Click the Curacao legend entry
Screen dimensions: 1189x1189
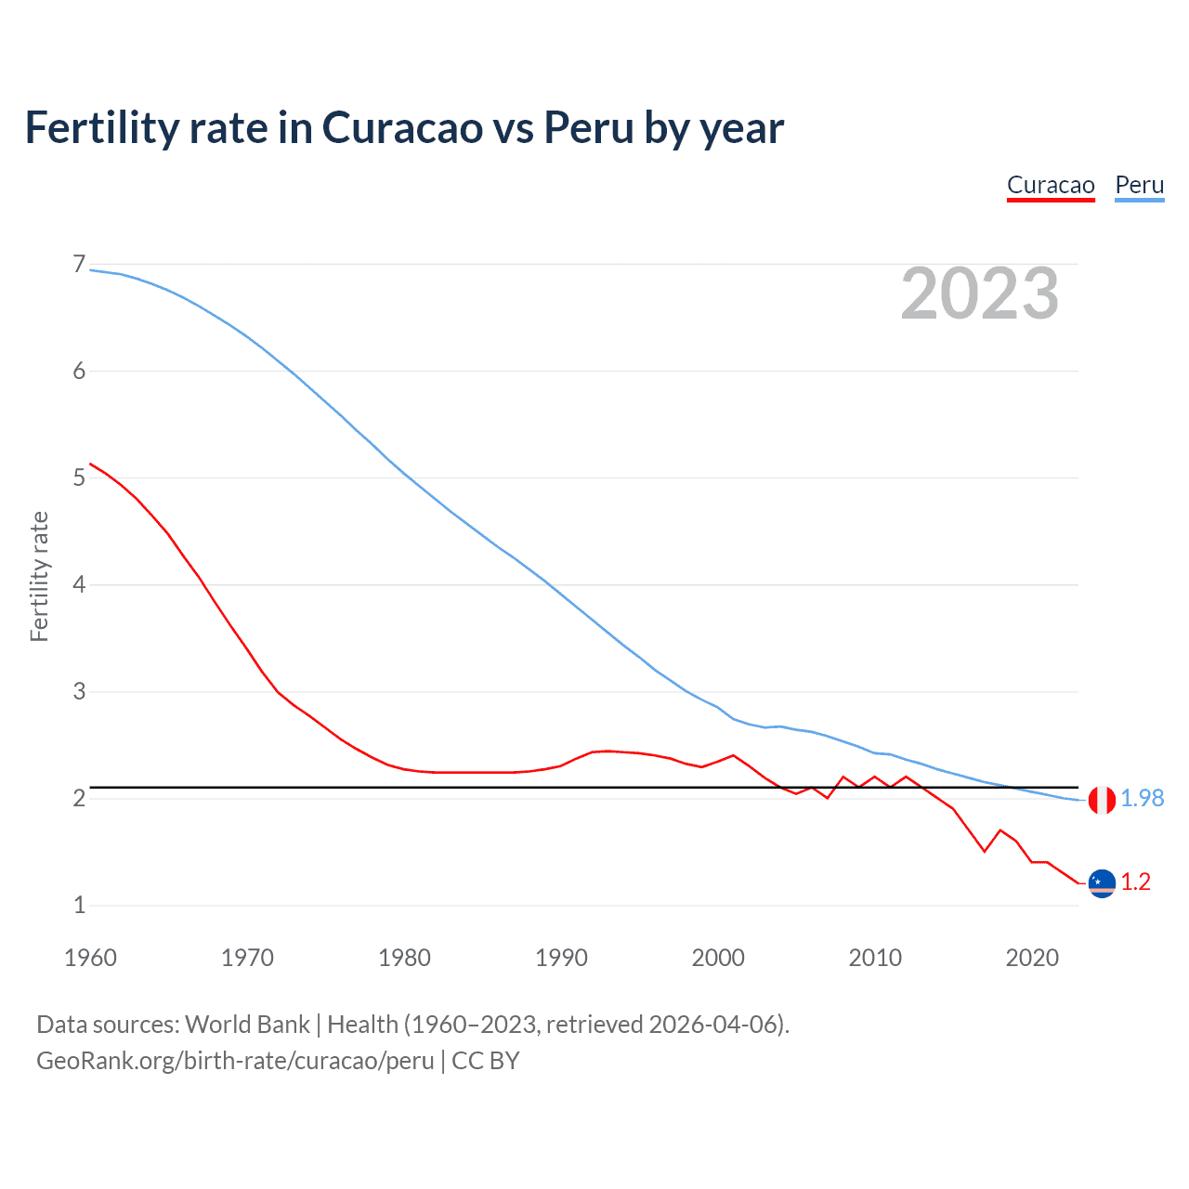coord(1051,185)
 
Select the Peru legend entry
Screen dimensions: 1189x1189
coord(1139,185)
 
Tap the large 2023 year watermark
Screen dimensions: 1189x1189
coord(979,294)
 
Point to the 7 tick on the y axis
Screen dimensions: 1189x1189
coord(79,265)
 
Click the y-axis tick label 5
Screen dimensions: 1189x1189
coord(79,477)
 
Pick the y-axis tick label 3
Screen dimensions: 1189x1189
coord(79,691)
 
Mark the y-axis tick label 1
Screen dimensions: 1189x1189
coord(79,905)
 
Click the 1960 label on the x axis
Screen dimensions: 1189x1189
coord(90,958)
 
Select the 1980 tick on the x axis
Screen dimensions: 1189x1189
coord(404,958)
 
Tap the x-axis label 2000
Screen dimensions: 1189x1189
coord(718,958)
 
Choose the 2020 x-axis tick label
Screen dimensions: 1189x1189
coord(1032,958)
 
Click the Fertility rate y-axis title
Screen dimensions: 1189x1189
coord(39,576)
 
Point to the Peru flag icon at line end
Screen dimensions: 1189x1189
coord(1102,799)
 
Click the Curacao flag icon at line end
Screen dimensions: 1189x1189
coord(1102,882)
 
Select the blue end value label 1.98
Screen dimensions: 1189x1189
coord(1142,799)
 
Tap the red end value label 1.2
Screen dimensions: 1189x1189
coord(1135,882)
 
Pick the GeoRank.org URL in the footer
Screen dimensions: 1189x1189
coord(235,1061)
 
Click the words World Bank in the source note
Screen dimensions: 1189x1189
coord(247,1025)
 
